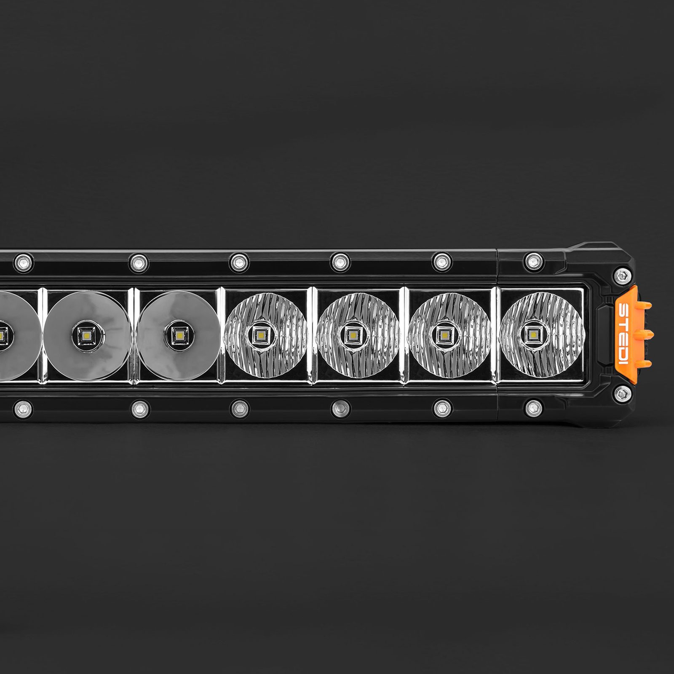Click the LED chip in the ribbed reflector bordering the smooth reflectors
click(x=257, y=335)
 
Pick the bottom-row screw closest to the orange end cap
click(x=534, y=407)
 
